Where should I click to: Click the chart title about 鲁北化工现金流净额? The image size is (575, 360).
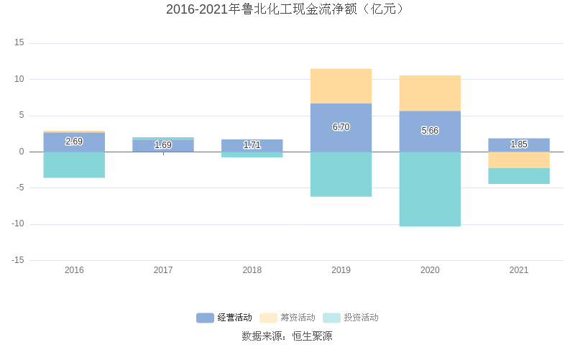287,9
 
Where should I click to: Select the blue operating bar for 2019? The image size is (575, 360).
341,128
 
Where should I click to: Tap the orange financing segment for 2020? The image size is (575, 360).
430,93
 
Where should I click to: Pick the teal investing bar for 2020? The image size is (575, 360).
430,189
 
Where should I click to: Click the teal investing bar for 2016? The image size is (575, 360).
74,165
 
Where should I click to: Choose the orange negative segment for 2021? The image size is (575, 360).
518,160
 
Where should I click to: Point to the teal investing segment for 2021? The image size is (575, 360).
518,176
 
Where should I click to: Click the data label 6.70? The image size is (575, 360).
341,127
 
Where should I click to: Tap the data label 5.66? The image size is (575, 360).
430,131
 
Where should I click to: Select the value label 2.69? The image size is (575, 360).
74,142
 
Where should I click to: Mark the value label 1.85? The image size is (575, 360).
518,144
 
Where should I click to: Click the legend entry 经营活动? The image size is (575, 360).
225,318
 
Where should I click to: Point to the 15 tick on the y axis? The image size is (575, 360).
19,42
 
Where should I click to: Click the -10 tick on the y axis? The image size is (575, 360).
17,223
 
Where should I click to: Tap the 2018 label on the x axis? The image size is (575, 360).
252,270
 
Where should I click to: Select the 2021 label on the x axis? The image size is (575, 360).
518,270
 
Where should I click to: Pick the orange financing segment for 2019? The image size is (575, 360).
341,86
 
